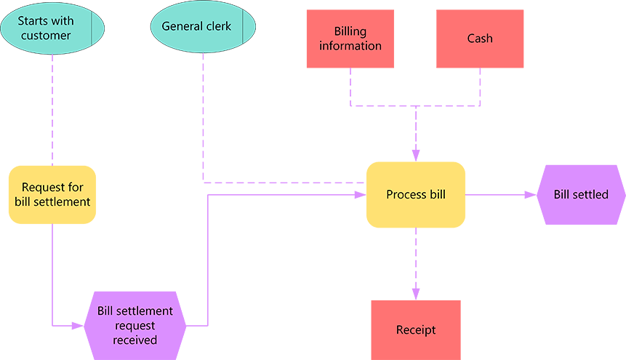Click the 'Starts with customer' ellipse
pos(52,28)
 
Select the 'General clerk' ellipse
pos(203,27)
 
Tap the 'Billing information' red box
pos(350,39)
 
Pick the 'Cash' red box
pos(480,39)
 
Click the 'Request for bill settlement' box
pos(52,194)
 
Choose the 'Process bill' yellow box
pos(415,194)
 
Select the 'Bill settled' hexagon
pos(581,194)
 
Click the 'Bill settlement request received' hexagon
pos(135,325)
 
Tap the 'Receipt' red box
pos(416,329)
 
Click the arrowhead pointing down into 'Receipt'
pos(416,294)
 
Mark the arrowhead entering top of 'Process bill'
pos(416,156)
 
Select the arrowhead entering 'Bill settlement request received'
pos(79,326)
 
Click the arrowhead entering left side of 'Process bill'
pos(361,195)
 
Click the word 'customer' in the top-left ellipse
pos(46,36)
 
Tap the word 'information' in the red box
pos(350,46)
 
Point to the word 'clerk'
pos(218,27)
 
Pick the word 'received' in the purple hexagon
pos(135,340)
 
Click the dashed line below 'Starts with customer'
pos(52,109)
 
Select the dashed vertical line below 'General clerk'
pos(203,116)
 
